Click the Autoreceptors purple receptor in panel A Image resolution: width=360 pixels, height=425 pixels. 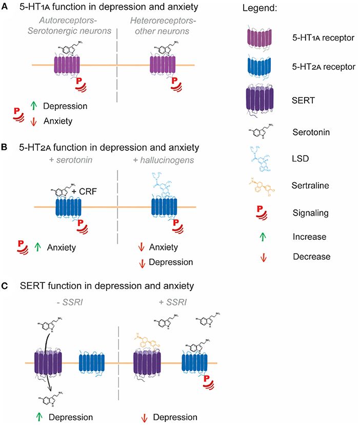coord(68,66)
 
